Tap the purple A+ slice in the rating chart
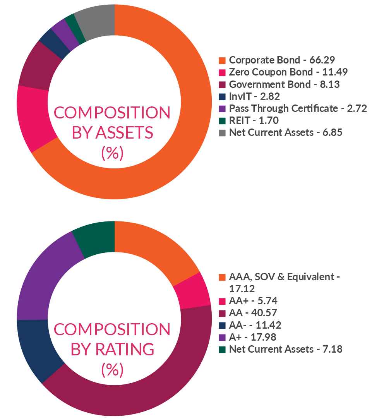point(43,279)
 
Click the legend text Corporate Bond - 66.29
point(282,60)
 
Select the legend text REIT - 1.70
point(254,120)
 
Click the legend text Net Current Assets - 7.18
point(286,349)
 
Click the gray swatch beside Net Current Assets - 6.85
point(222,133)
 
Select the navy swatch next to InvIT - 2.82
point(222,96)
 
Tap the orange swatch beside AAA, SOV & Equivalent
point(222,277)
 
